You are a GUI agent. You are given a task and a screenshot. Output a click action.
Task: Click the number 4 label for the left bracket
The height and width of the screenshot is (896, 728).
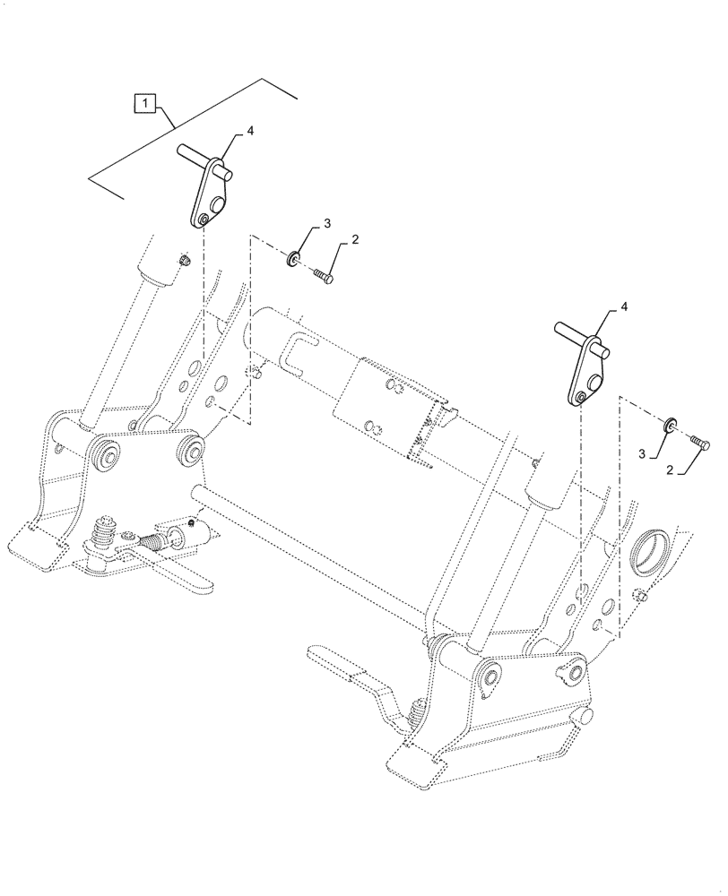pyautogui.click(x=250, y=131)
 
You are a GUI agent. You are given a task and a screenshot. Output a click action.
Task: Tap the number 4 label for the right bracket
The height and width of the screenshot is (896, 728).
pyautogui.click(x=625, y=306)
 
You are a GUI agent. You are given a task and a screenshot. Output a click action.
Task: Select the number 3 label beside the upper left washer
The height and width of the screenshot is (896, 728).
pyautogui.click(x=302, y=222)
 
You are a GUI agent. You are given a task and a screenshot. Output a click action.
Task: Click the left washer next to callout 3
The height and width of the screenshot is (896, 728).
pyautogui.click(x=293, y=261)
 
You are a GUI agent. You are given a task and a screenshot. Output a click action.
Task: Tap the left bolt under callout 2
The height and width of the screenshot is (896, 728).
pyautogui.click(x=323, y=277)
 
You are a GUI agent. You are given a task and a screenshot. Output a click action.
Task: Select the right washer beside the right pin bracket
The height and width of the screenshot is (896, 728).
pyautogui.click(x=670, y=424)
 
